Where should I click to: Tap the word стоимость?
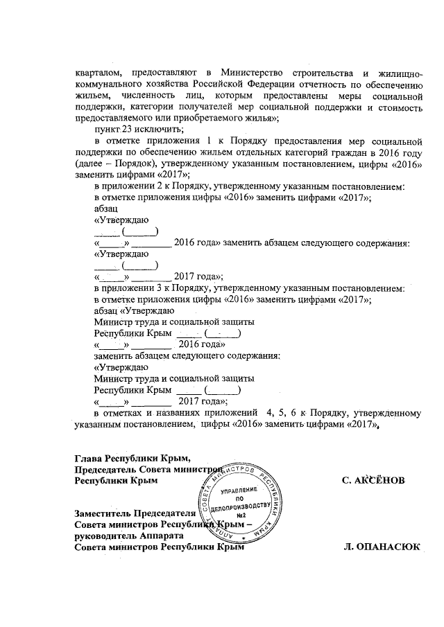tap(399, 107)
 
